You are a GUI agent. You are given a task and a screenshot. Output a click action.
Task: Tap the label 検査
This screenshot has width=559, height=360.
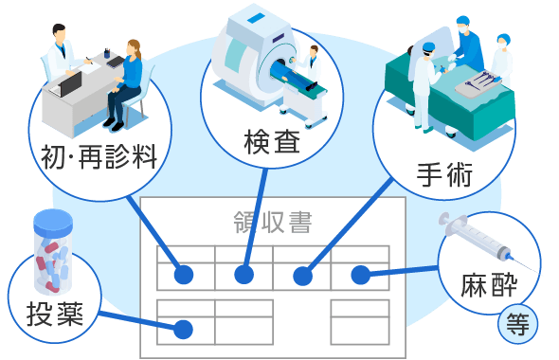click(x=272, y=142)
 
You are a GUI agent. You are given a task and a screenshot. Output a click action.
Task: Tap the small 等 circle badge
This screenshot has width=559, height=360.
click(x=517, y=324)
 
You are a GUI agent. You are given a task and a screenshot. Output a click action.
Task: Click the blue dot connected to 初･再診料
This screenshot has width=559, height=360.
click(x=184, y=276)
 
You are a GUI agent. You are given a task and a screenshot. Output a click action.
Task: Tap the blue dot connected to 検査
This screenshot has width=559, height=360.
click(x=243, y=276)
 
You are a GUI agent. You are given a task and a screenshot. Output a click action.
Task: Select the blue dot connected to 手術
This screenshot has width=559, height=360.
click(x=302, y=276)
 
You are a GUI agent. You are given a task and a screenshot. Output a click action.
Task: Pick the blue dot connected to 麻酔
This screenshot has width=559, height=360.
click(x=360, y=276)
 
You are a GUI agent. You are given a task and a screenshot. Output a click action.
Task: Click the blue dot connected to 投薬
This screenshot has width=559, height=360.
click(x=184, y=330)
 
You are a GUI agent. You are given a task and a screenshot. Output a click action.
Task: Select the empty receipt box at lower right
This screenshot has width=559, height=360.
click(x=359, y=322)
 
